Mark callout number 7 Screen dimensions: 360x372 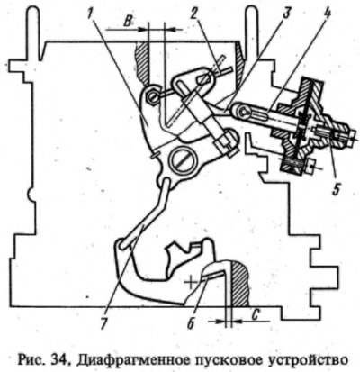(103, 322)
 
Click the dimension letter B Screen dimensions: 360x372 (128, 23)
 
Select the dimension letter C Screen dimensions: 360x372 (255, 314)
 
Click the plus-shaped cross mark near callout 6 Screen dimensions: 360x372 (190, 283)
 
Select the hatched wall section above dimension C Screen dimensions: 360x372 (239, 283)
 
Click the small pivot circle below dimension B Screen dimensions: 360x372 (152, 96)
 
